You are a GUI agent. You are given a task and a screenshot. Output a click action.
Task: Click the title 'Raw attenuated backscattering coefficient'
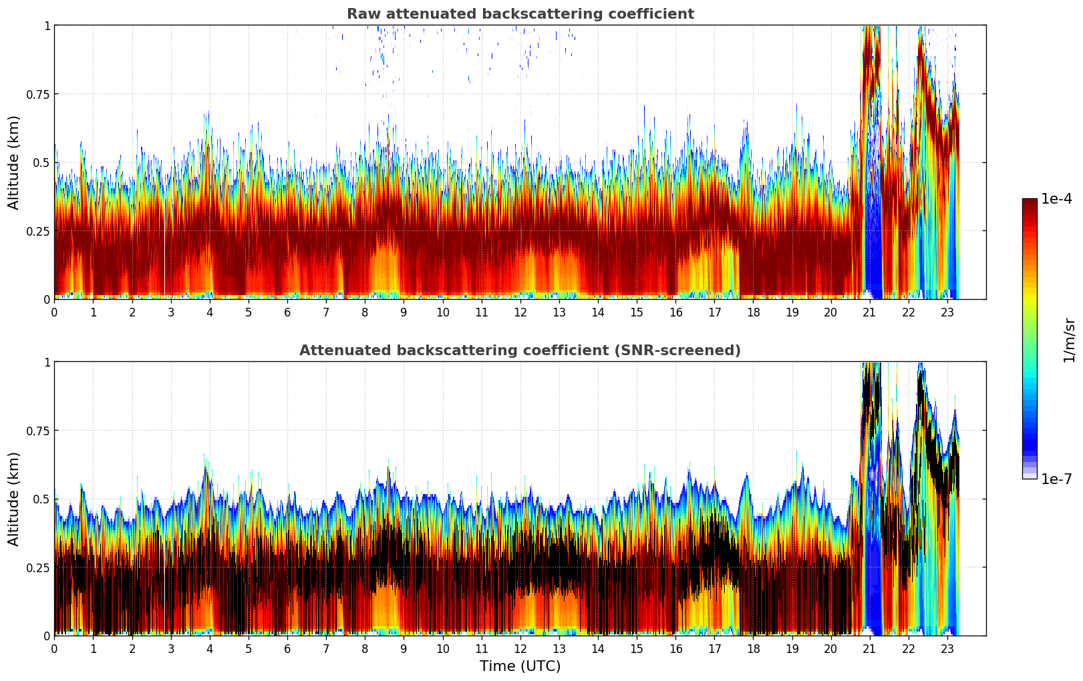click(x=520, y=14)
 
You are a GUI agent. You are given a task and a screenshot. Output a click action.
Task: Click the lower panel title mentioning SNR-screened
click(x=520, y=351)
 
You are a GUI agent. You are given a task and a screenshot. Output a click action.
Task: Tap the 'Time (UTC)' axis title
click(x=520, y=666)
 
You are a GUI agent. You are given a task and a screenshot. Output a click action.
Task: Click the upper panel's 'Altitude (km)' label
click(x=14, y=162)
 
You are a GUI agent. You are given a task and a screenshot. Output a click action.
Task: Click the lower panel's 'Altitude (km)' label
click(x=14, y=499)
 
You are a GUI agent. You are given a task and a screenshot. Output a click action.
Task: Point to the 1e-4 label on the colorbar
click(x=1056, y=199)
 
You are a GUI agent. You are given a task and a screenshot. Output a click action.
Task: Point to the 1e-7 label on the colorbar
click(x=1056, y=479)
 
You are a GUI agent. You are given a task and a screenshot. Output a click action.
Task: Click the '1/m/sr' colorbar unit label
click(x=1069, y=340)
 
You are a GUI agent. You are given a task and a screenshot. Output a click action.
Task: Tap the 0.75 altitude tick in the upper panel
click(x=38, y=94)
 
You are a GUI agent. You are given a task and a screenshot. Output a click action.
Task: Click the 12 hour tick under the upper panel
click(x=520, y=312)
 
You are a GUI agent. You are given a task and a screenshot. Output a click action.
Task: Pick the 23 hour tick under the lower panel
click(x=947, y=649)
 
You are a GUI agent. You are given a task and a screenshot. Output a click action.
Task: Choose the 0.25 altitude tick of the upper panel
click(x=38, y=231)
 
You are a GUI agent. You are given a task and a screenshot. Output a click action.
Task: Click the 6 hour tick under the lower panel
click(x=287, y=649)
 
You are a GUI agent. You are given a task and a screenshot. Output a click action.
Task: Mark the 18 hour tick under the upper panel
click(x=753, y=312)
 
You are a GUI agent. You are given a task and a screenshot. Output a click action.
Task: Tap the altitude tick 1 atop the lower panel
click(x=47, y=362)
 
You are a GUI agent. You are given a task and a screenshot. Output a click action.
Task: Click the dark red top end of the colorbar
click(x=1029, y=202)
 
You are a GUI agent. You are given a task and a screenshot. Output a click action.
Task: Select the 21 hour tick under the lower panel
click(x=869, y=649)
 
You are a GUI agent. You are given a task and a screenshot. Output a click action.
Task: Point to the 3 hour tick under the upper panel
click(x=171, y=312)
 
